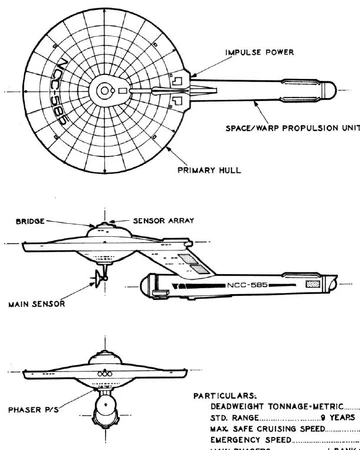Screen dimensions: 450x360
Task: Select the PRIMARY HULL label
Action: click(x=205, y=170)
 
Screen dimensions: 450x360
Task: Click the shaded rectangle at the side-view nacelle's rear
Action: click(x=318, y=284)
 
